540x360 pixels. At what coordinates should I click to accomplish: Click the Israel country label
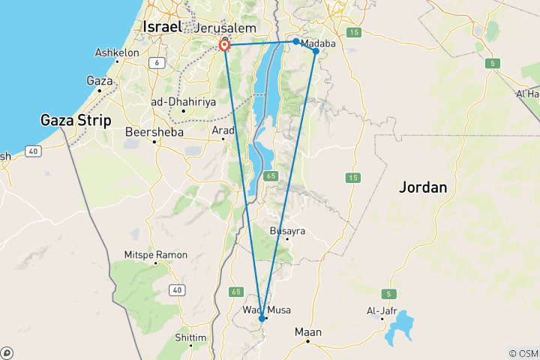[x=161, y=27]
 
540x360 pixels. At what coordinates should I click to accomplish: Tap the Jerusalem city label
[x=225, y=28]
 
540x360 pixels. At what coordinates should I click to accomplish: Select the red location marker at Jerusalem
[x=224, y=46]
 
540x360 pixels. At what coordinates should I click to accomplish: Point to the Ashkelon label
[x=117, y=53]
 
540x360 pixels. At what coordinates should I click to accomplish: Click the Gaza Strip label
[x=77, y=120]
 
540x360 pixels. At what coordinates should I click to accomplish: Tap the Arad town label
[x=223, y=130]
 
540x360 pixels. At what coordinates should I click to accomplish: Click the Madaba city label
[x=318, y=43]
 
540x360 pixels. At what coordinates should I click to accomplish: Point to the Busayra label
[x=288, y=231]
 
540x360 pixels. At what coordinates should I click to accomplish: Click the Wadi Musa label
[x=267, y=310]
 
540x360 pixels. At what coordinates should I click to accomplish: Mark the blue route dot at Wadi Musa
[x=262, y=318]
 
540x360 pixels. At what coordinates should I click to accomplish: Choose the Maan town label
[x=308, y=332]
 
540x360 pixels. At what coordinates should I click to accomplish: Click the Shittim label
[x=190, y=337]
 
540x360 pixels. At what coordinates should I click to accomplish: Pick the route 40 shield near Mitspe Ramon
[x=177, y=289]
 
